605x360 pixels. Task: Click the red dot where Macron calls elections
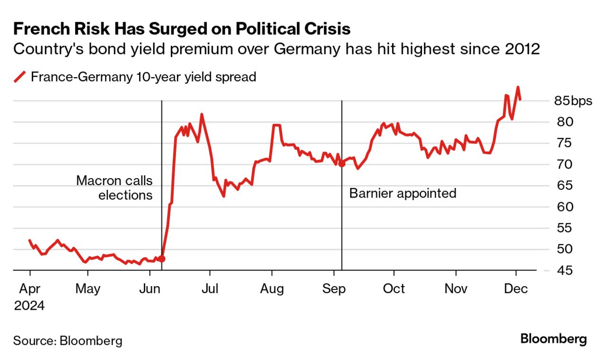[x=162, y=259]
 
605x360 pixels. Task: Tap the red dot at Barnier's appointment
[x=342, y=164]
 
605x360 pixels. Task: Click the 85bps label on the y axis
[x=573, y=101]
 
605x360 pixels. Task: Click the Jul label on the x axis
[x=210, y=288]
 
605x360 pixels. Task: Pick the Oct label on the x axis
[x=394, y=288]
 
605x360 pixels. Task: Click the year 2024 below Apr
[x=29, y=306]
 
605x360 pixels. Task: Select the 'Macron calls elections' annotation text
[x=114, y=188]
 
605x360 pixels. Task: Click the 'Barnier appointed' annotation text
[x=403, y=193]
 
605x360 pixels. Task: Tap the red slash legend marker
[x=19, y=77]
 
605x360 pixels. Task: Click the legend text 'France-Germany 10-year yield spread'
[x=143, y=77]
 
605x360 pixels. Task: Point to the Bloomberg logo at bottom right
[x=553, y=339]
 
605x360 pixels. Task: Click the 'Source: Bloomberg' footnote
[x=68, y=341]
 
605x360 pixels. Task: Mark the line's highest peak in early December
[x=518, y=87]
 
